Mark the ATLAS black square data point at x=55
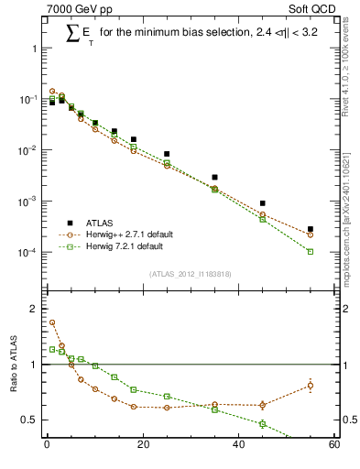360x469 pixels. click(310, 229)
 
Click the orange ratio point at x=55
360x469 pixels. click(310, 385)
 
